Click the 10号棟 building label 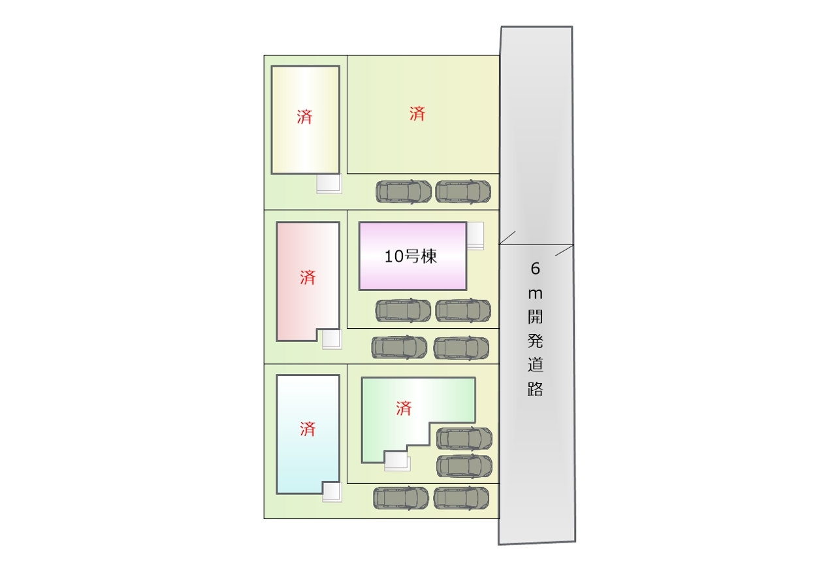411,257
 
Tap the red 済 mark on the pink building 308,278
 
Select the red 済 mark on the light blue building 308,429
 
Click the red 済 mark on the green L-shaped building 404,409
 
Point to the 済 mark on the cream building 304,117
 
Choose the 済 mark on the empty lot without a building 417,114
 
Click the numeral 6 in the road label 535,268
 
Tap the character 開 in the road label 535,317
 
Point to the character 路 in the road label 535,388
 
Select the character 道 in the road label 535,365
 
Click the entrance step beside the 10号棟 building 475,236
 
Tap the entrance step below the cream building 329,184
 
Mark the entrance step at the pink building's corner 332,339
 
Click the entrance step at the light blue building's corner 332,492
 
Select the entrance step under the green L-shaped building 397,461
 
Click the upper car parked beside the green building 464,439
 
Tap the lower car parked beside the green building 464,466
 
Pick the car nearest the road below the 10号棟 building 463,311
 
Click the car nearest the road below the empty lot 463,192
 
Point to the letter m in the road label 535,294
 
